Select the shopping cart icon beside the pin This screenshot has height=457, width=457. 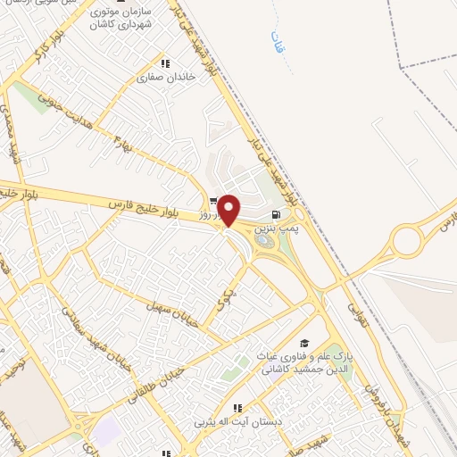coord(213,201)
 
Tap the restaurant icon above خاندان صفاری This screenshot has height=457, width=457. coord(165,63)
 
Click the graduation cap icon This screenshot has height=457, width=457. coord(304,343)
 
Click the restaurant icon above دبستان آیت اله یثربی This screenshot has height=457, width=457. coord(237,408)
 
